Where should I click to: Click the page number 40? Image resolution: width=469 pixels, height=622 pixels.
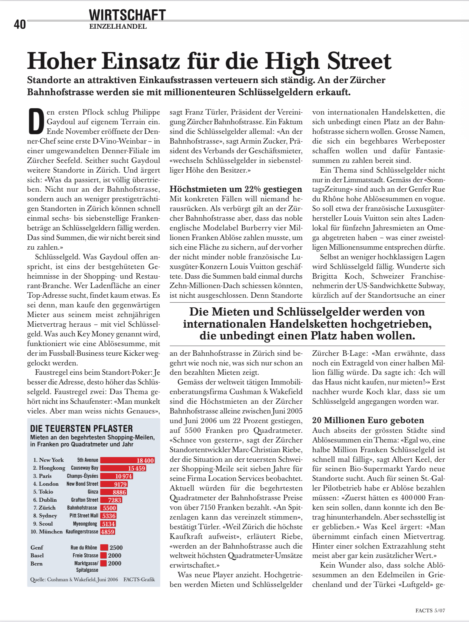20,24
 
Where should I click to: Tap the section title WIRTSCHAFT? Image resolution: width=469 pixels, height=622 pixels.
127,15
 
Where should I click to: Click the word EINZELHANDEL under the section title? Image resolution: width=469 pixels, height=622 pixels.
118,27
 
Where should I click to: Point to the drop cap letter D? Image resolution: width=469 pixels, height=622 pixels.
36,121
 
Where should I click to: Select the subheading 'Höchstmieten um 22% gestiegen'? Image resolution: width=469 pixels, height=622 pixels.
236,189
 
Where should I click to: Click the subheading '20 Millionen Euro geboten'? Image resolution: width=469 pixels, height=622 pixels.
368,420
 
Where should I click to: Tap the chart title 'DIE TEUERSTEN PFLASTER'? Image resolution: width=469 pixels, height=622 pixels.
81,428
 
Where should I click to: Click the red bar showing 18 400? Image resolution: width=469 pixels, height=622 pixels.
127,460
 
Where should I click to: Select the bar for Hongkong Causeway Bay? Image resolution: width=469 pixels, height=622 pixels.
123,468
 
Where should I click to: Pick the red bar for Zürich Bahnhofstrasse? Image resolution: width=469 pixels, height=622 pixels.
109,508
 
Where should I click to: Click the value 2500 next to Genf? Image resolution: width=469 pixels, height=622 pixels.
116,548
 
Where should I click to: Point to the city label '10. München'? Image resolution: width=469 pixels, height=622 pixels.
47,532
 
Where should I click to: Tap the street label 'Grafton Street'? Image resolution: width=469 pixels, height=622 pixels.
84,500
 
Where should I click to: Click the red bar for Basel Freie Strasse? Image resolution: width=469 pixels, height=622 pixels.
104,556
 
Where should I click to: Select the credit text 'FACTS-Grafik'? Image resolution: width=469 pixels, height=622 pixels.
139,579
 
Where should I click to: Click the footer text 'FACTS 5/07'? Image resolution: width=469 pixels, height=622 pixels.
430,611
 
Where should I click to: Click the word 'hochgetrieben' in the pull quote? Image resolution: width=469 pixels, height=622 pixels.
391,324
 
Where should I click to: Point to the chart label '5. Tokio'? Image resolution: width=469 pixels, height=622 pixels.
43,492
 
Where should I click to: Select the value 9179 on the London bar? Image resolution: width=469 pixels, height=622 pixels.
120,484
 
